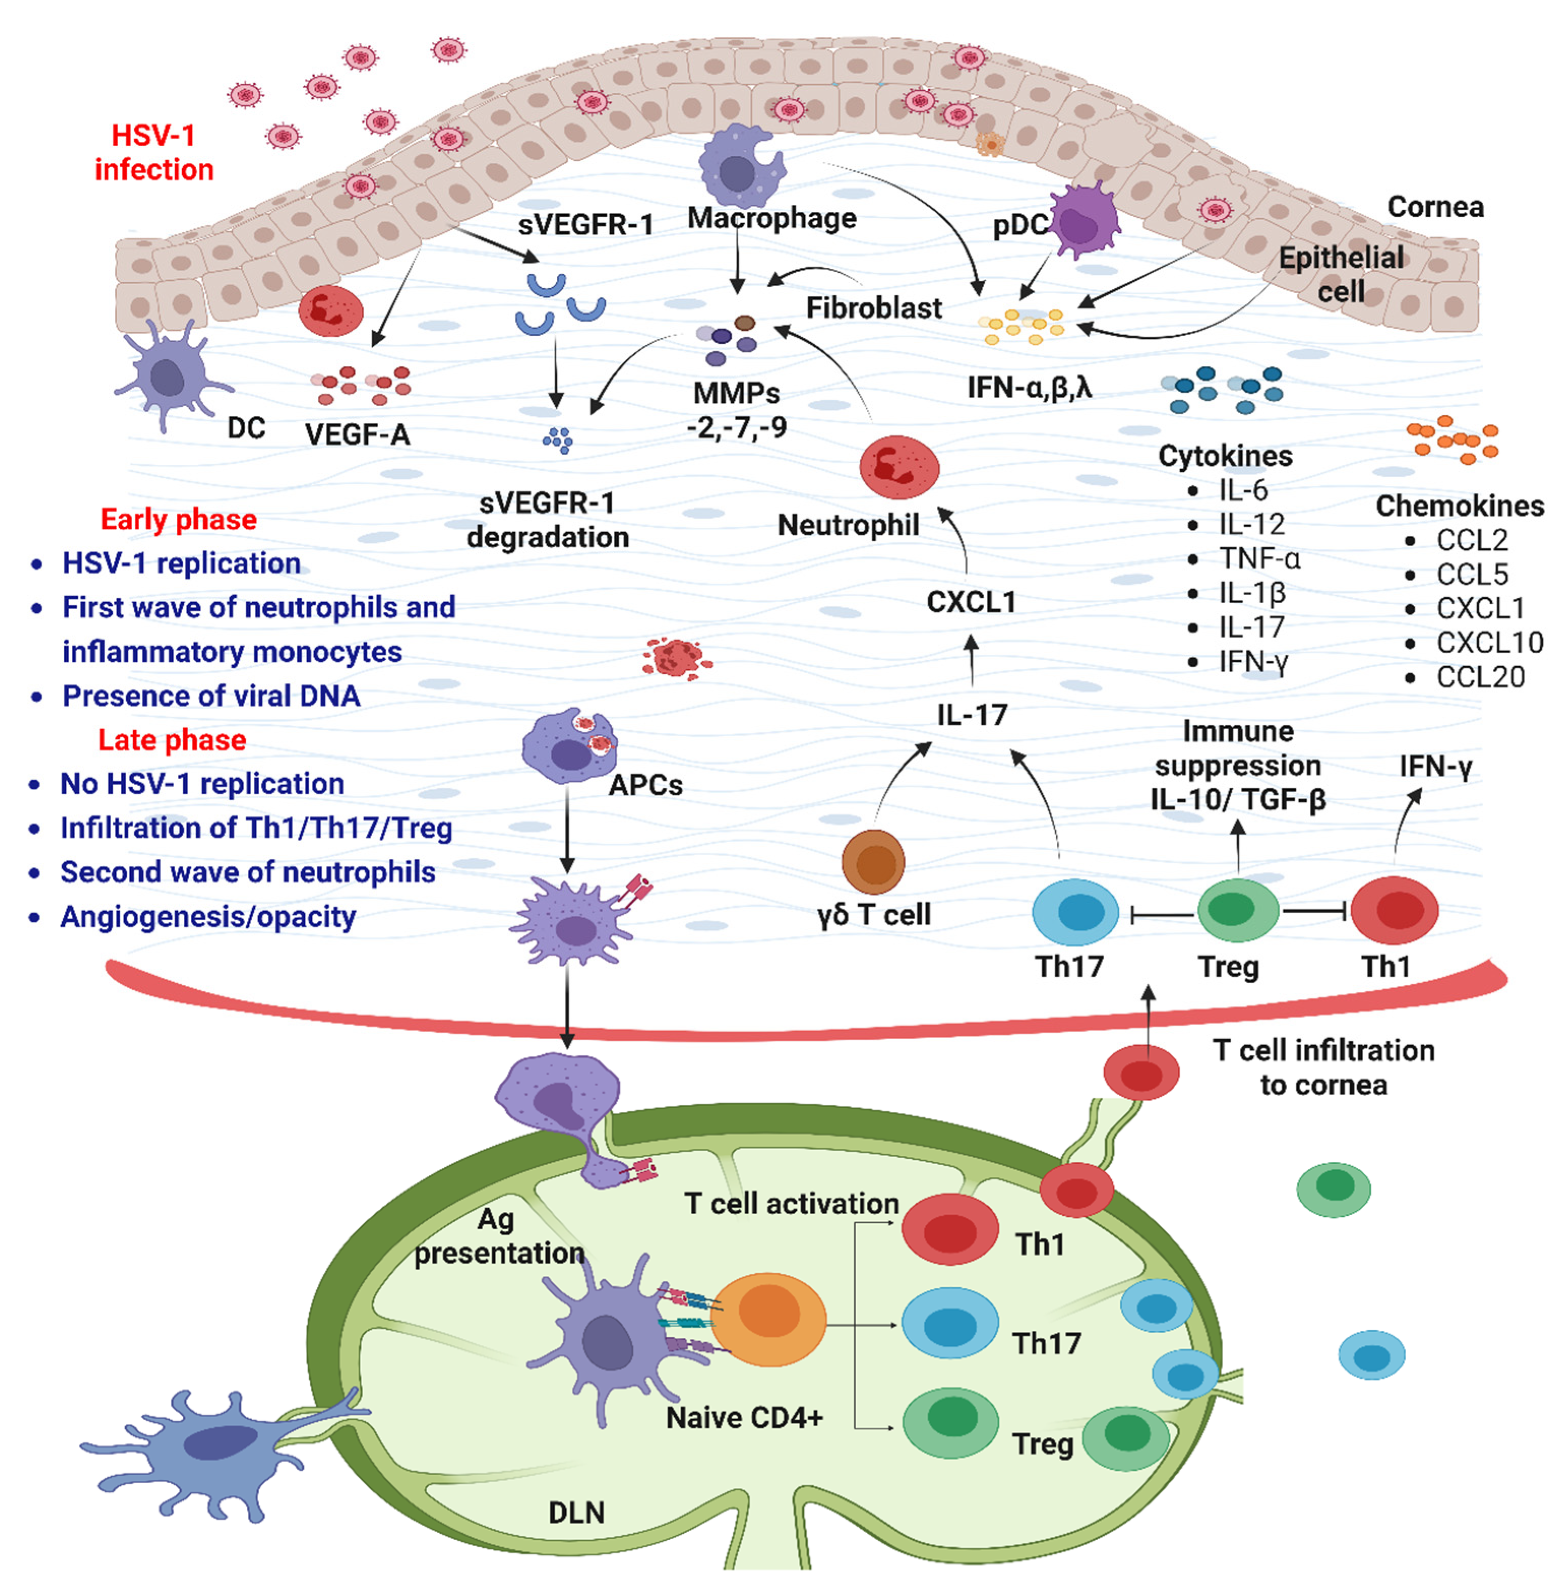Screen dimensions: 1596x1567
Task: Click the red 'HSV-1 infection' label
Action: click(154, 153)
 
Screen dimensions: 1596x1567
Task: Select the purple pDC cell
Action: click(1084, 221)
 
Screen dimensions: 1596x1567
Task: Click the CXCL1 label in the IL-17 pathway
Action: click(971, 602)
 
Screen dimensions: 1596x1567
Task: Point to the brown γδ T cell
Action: click(873, 862)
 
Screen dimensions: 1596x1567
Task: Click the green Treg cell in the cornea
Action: click(1237, 910)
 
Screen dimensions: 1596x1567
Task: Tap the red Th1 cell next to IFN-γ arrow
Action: click(1394, 910)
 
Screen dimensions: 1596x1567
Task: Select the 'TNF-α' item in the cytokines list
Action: click(1259, 559)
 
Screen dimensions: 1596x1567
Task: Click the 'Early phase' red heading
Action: click(178, 519)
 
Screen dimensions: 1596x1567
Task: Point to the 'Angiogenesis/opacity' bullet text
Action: click(208, 916)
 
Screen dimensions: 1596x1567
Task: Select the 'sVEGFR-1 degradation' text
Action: click(548, 520)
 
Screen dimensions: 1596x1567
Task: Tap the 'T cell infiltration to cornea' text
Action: click(1324, 1068)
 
